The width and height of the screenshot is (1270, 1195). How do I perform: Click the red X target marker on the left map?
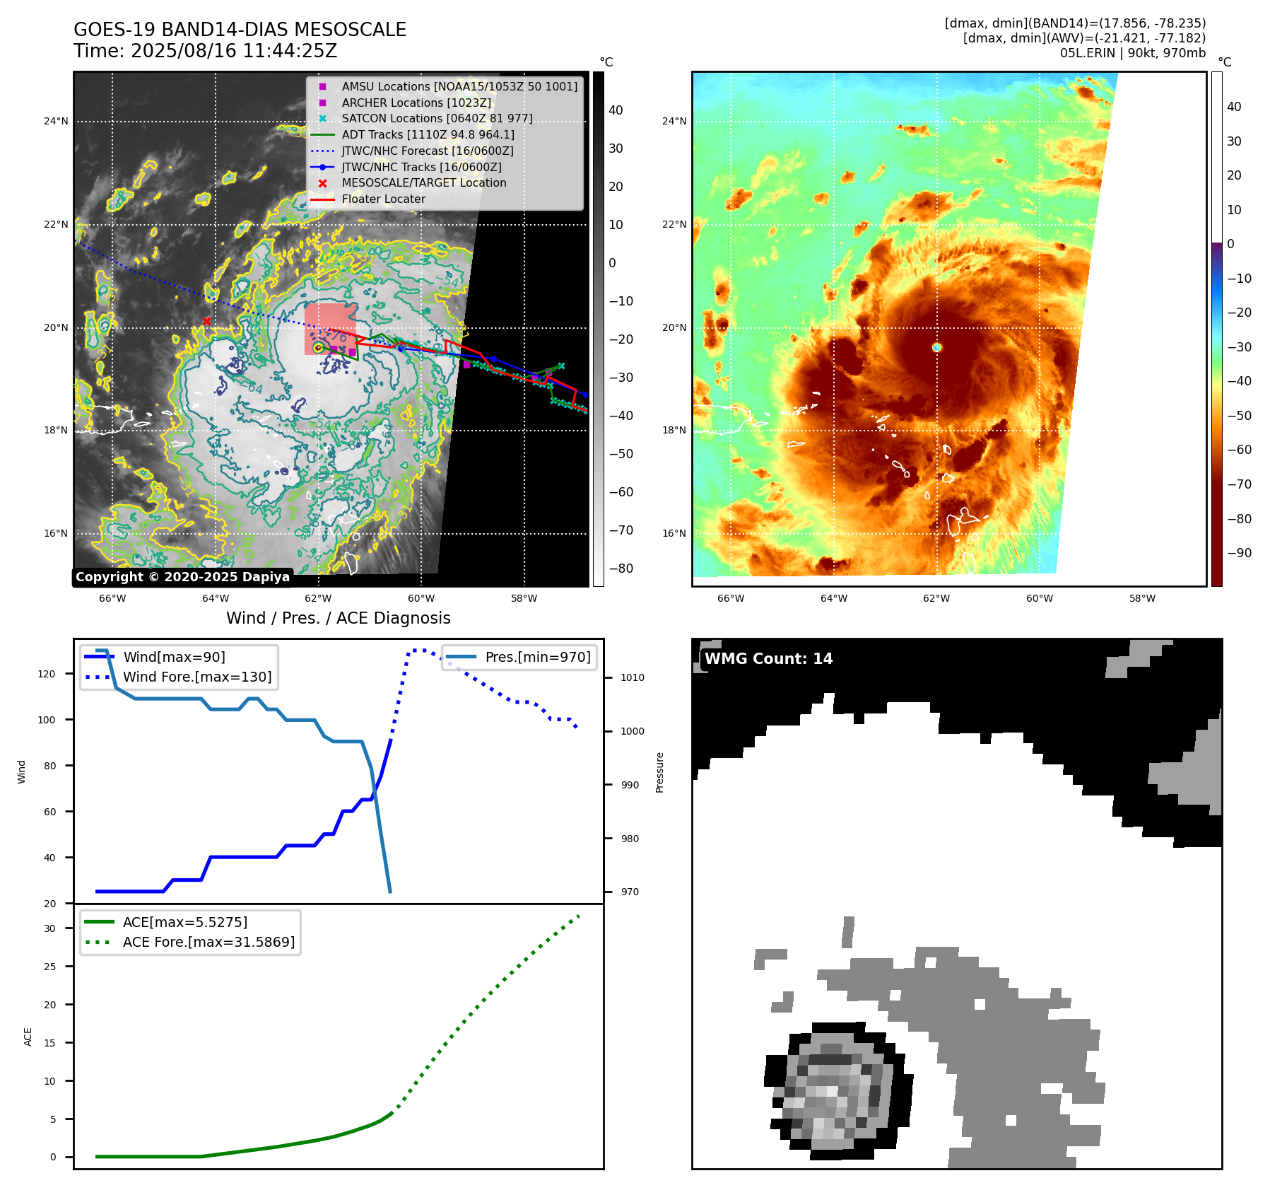[x=206, y=322]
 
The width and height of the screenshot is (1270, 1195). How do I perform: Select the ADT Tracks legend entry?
[x=427, y=134]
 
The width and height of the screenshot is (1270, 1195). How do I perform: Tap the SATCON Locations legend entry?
[x=437, y=118]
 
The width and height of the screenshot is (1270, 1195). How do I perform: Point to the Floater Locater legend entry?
[x=383, y=199]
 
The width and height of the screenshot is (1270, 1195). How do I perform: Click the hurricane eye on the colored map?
[x=936, y=347]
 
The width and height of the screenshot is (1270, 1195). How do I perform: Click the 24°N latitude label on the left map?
[x=56, y=121]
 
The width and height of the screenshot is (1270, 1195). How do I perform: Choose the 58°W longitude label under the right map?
[x=1142, y=598]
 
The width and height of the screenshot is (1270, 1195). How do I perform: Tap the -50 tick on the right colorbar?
[x=1238, y=415]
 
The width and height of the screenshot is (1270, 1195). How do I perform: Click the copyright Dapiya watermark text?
[x=182, y=577]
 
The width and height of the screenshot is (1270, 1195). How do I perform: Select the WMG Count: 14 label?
[x=768, y=658]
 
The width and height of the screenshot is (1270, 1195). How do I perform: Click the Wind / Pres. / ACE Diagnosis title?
[x=338, y=618]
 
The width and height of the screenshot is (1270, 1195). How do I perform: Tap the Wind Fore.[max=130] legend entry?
[x=196, y=677]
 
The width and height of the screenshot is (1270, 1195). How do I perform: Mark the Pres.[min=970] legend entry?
[x=537, y=657]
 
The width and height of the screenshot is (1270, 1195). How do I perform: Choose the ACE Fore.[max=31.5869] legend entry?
[x=208, y=942]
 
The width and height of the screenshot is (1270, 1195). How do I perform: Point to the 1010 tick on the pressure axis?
[x=632, y=677]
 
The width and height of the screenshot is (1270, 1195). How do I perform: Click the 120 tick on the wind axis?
[x=47, y=674]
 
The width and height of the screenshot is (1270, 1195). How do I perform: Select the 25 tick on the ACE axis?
[x=50, y=967]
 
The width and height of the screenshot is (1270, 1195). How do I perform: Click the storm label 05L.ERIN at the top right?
[x=1088, y=53]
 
